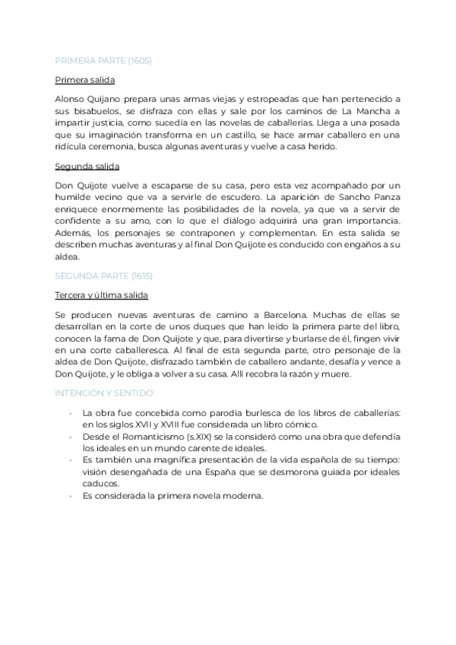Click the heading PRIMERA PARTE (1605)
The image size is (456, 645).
tap(103, 61)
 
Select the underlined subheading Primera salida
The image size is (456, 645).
tap(85, 80)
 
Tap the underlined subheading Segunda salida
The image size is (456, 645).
tap(87, 166)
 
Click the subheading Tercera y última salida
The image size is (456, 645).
tap(101, 294)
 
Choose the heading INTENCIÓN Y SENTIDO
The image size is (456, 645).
tap(104, 393)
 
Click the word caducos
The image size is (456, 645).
tap(100, 483)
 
